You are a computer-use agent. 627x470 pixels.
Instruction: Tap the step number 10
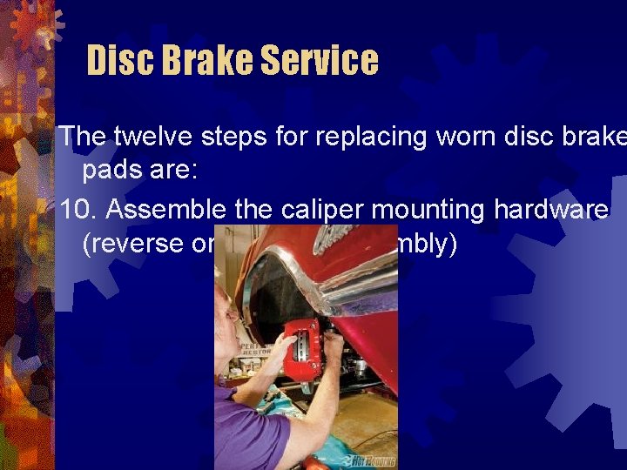tap(76, 210)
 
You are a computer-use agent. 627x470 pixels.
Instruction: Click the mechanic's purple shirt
tap(253, 431)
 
